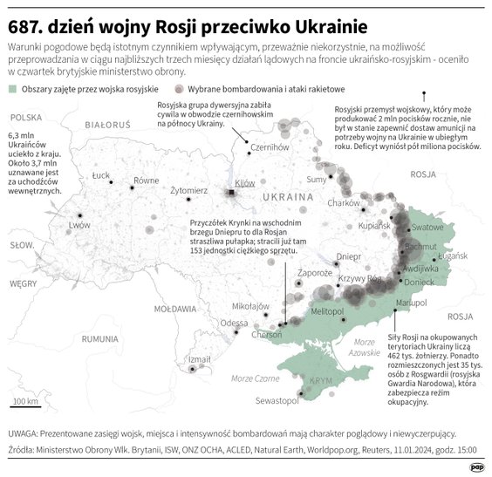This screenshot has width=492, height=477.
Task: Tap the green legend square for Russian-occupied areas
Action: [x=11, y=89]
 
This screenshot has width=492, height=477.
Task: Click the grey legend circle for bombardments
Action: [x=179, y=89]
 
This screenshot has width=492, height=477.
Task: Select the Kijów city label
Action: [x=245, y=183]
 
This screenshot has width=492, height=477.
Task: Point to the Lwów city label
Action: [x=79, y=224]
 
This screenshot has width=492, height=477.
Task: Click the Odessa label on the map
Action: [x=233, y=323]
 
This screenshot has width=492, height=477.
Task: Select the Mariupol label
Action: [x=410, y=302]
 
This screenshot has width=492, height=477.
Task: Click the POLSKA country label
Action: [x=27, y=117]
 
